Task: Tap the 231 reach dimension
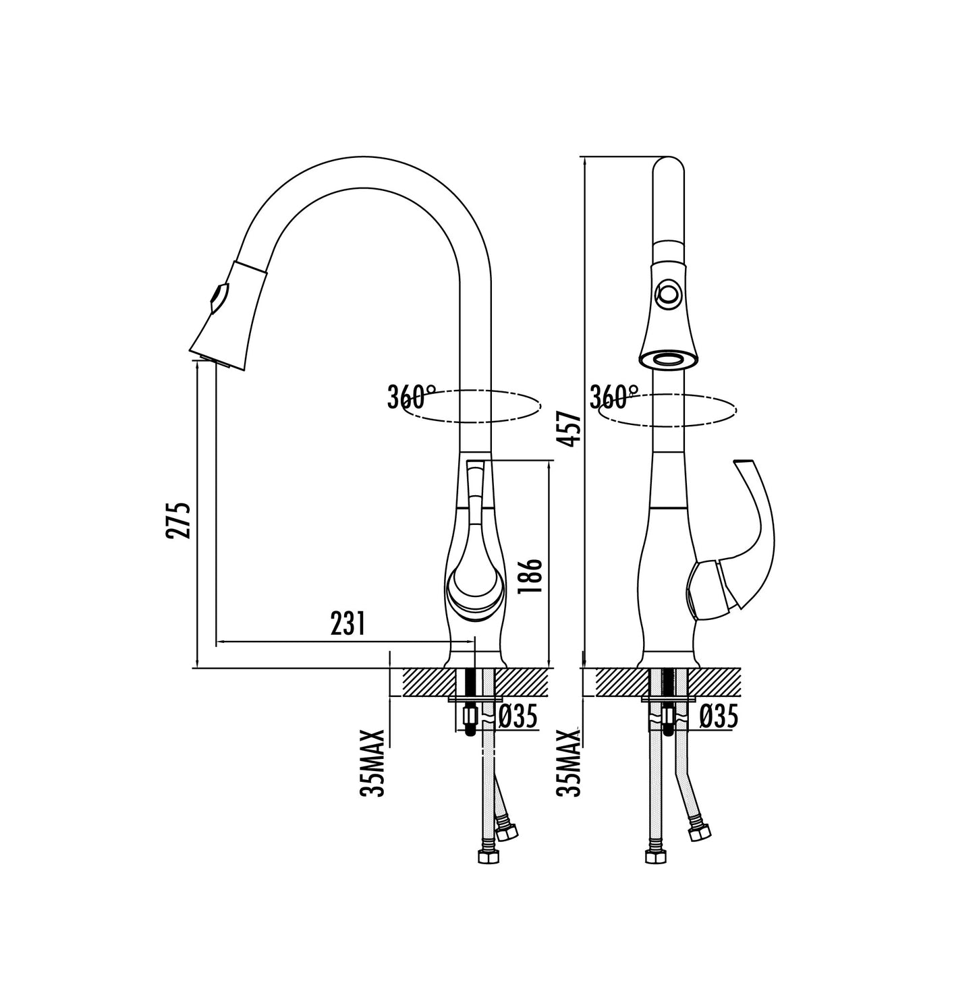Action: coord(347,624)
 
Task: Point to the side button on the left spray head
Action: coord(219,297)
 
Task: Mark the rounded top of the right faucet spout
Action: coord(669,169)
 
